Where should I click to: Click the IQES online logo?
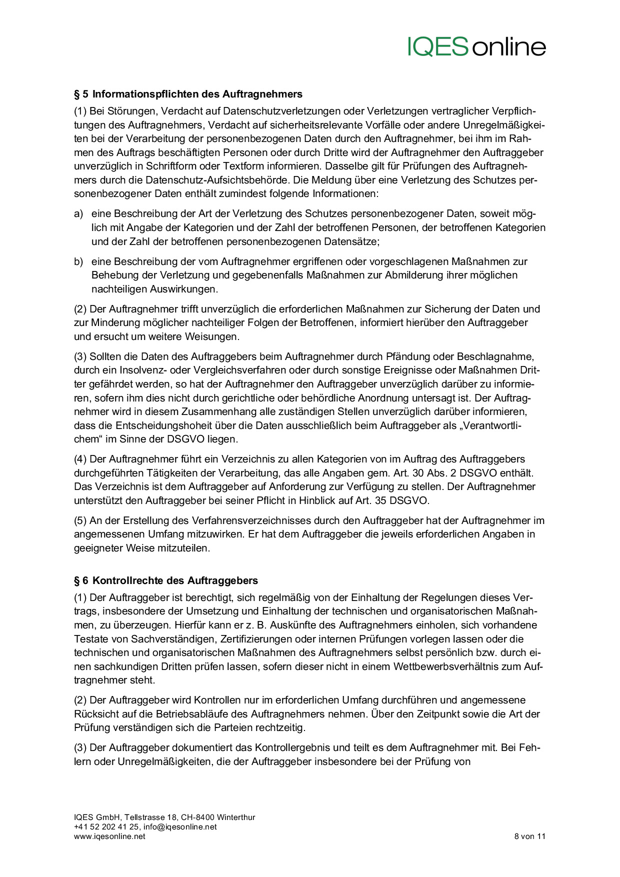[x=476, y=46]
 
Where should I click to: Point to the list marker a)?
[x=78, y=214]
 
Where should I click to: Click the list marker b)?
[x=78, y=261]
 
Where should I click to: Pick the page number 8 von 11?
[x=529, y=836]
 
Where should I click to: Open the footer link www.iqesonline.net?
[x=109, y=836]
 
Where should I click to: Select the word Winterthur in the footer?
[x=236, y=817]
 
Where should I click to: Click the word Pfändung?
[x=406, y=356]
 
